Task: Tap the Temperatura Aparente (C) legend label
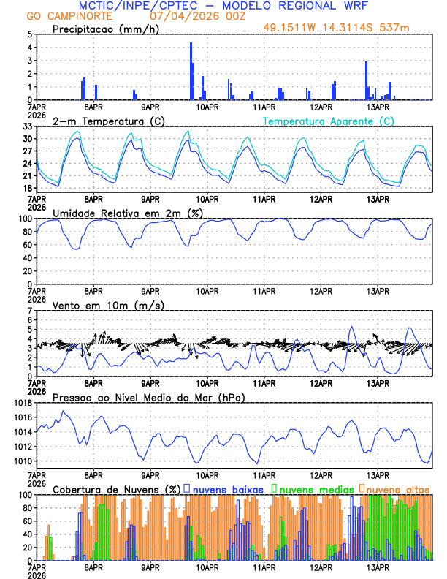[329, 121]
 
